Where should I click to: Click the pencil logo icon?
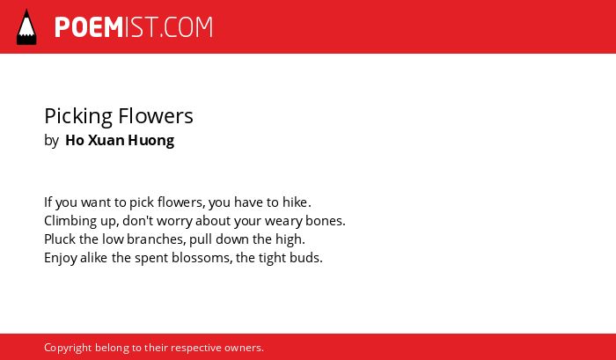point(26,27)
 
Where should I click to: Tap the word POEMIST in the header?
point(106,27)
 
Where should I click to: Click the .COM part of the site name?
point(186,27)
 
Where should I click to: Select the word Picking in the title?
point(78,117)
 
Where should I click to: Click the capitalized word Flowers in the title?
point(156,116)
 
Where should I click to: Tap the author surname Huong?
point(151,141)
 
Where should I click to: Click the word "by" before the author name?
point(51,141)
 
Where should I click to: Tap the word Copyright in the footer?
point(68,349)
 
